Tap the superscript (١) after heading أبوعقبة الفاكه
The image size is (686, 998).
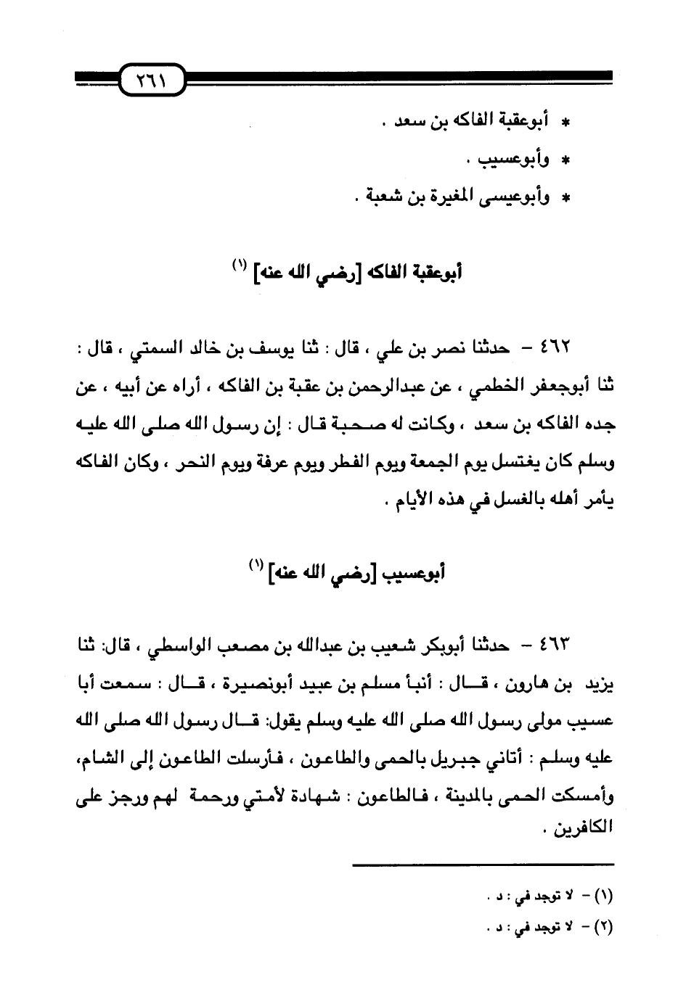pos(237,266)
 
